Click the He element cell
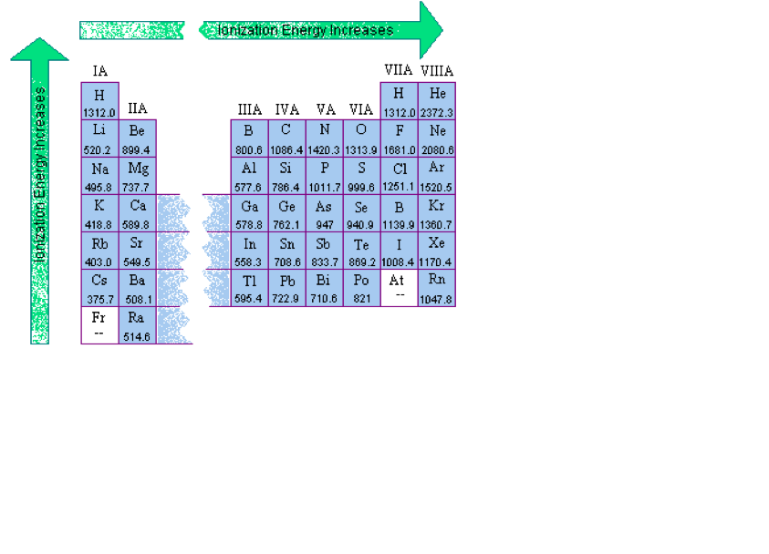click(437, 101)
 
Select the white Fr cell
click(99, 325)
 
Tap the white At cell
click(399, 288)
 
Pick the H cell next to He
click(399, 101)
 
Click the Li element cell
click(99, 138)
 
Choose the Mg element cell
click(137, 176)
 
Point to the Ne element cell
click(437, 138)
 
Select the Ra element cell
click(137, 325)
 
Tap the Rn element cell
click(437, 288)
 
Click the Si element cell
click(286, 176)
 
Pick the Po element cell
click(361, 288)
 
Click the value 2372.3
click(437, 113)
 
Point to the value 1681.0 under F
click(399, 150)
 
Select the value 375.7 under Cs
click(99, 300)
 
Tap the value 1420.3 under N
click(324, 150)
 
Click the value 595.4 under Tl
click(248, 300)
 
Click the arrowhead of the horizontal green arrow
click(430, 30)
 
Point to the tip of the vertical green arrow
click(39, 43)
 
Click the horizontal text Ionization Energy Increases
click(306, 30)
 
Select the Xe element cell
click(437, 251)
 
